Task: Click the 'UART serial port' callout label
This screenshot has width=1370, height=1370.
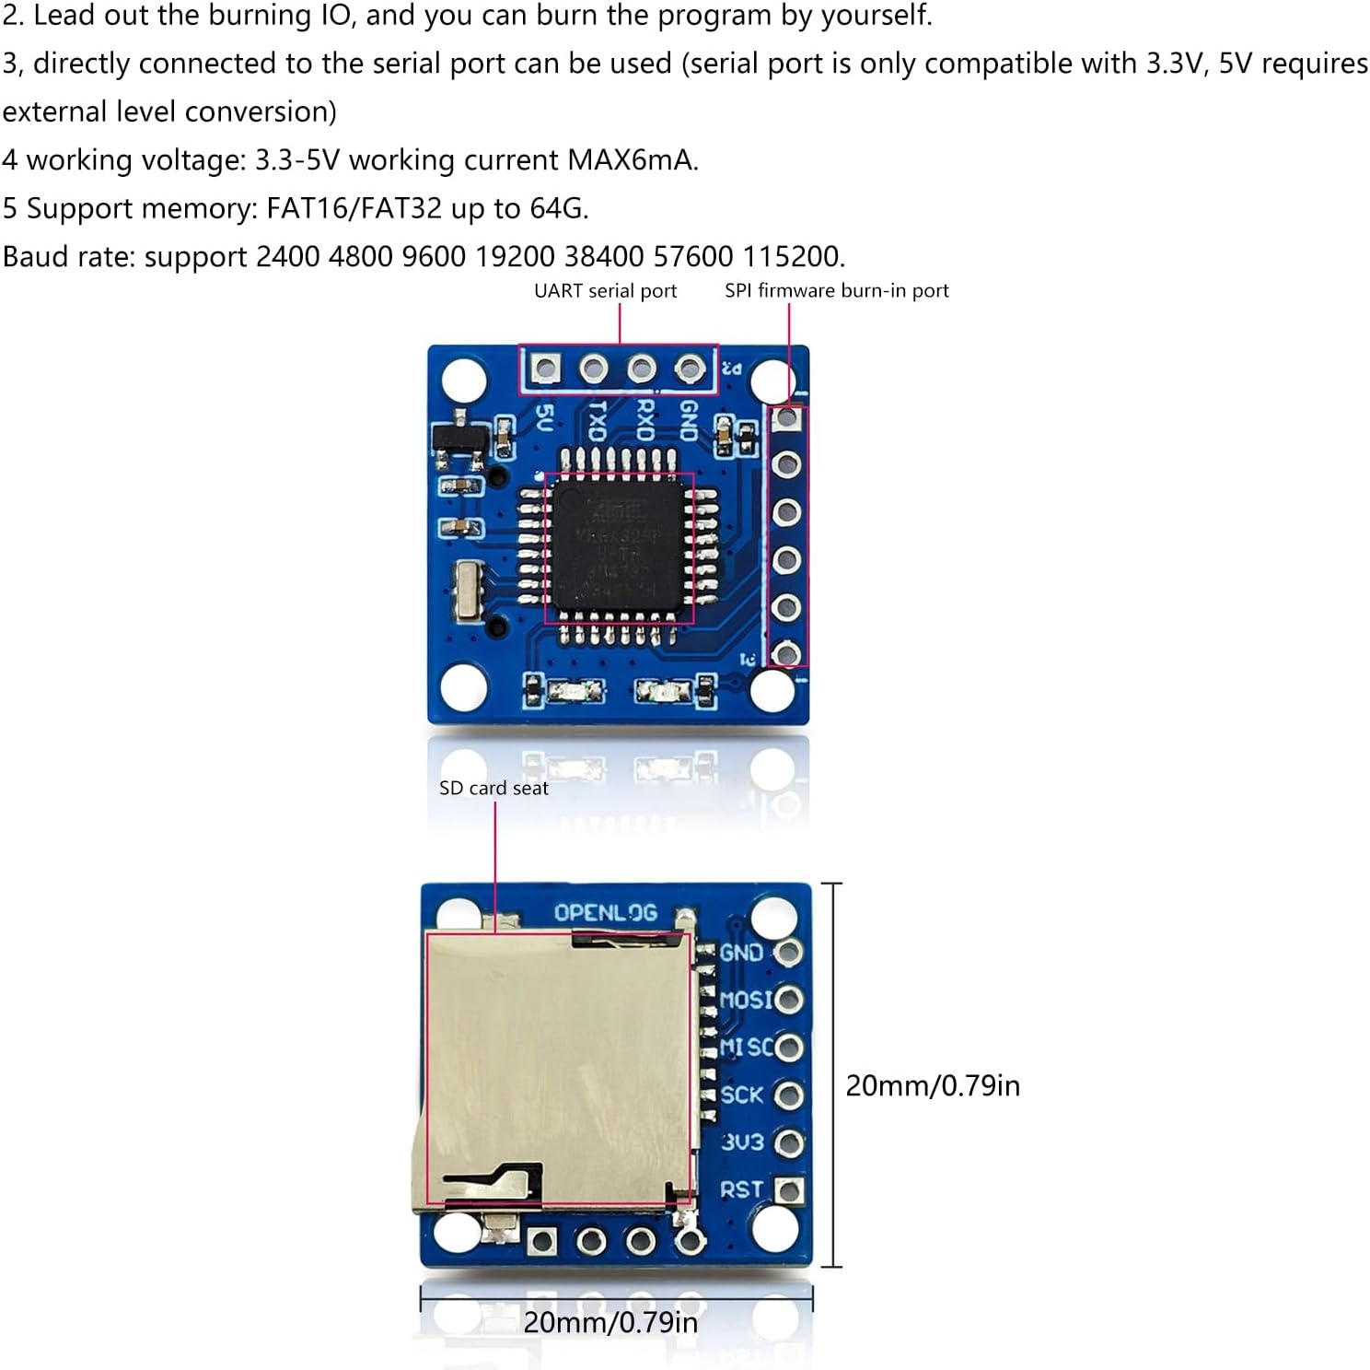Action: click(605, 291)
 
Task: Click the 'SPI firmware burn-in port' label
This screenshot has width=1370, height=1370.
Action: click(836, 291)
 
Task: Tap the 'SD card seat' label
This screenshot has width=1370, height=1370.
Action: click(493, 789)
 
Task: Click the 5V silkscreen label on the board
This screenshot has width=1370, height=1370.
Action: click(544, 419)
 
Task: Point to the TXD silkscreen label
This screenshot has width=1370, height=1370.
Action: click(597, 421)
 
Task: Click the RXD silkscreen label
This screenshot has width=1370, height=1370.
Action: click(644, 421)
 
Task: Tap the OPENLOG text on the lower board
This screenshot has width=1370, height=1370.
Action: click(605, 913)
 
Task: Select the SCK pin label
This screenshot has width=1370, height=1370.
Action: click(742, 1095)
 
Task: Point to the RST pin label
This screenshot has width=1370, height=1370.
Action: click(741, 1190)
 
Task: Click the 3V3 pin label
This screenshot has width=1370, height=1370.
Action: click(742, 1142)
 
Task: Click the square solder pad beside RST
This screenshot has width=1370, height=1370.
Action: click(789, 1190)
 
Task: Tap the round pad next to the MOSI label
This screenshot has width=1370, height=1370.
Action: click(789, 1000)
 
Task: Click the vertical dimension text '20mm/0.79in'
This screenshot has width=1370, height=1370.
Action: click(932, 1086)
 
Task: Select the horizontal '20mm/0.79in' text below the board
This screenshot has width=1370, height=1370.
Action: click(610, 1323)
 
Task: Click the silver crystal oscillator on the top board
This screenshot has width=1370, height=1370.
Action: click(469, 591)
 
